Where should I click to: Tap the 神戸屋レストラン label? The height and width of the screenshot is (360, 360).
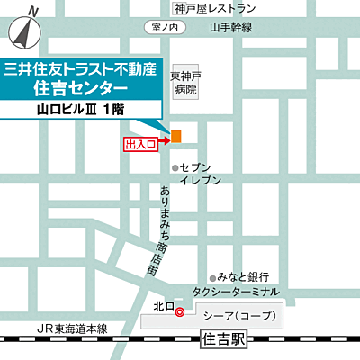[216, 8]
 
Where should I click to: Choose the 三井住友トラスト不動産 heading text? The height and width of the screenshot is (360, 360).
[93, 67]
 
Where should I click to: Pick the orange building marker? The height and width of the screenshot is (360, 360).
[176, 136]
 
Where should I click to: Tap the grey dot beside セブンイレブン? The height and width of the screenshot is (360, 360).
[175, 167]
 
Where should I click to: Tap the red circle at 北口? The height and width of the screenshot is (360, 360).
[178, 312]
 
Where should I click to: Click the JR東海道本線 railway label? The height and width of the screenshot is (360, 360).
[67, 329]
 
